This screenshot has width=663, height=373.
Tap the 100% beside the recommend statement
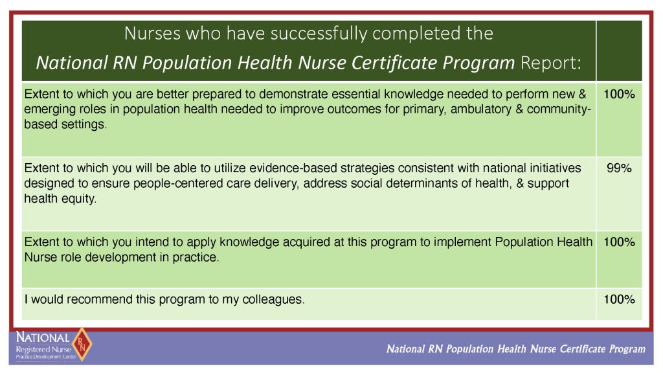pyautogui.click(x=619, y=299)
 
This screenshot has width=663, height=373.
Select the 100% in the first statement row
pyautogui.click(x=619, y=94)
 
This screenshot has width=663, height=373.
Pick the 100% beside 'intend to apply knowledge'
pyautogui.click(x=619, y=242)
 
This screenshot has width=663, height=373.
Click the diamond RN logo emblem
pyautogui.click(x=82, y=345)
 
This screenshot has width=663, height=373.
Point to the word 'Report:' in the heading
pyautogui.click(x=551, y=63)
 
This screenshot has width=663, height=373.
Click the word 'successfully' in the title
pyautogui.click(x=319, y=34)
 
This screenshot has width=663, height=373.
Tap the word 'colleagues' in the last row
pyautogui.click(x=273, y=300)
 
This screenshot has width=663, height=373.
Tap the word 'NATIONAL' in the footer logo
pyautogui.click(x=43, y=337)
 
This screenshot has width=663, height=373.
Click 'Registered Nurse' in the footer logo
pyautogui.click(x=43, y=350)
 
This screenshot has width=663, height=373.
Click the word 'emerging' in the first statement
pyautogui.click(x=49, y=109)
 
